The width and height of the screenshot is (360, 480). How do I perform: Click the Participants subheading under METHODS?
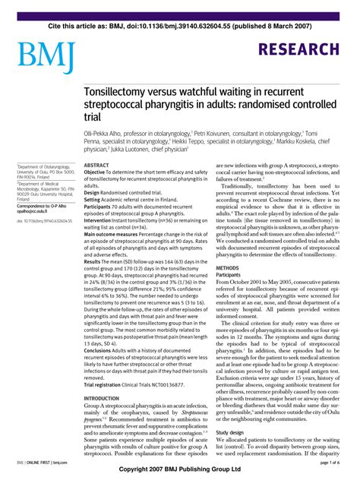(232, 276)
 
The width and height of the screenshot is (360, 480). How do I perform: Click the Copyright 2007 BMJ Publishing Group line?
(181, 472)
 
